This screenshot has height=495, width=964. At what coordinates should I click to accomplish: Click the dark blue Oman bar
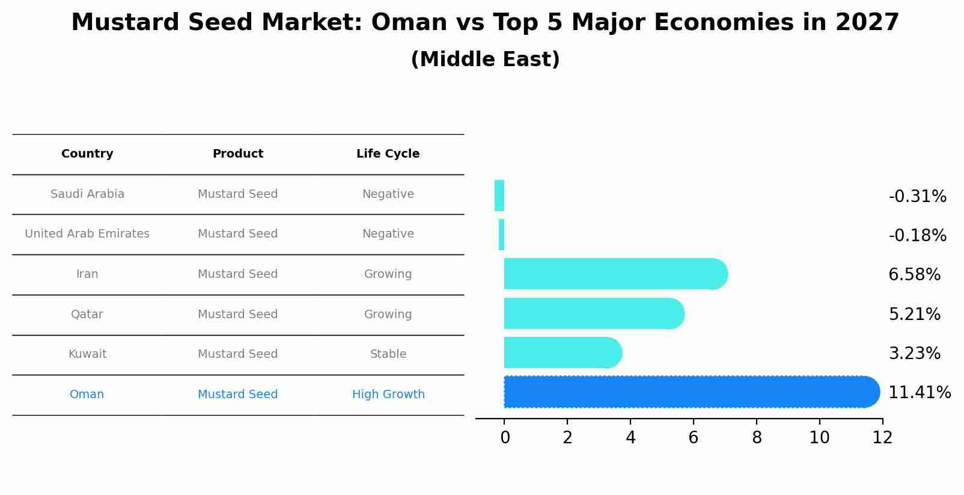[691, 392]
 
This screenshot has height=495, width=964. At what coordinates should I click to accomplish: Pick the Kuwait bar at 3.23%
[562, 352]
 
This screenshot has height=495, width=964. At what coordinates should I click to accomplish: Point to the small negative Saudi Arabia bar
[499, 195]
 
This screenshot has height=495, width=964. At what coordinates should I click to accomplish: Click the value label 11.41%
[919, 393]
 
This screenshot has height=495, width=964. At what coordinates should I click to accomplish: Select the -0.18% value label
[917, 235]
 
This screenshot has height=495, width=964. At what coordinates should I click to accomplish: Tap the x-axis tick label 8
[757, 438]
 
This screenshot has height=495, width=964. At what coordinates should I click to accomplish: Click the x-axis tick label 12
[882, 438]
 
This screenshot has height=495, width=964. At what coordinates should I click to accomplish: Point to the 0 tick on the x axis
[505, 438]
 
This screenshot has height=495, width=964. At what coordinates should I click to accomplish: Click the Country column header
[87, 154]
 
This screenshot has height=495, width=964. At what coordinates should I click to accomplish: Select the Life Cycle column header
[388, 154]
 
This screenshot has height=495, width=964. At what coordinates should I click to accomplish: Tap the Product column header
[238, 154]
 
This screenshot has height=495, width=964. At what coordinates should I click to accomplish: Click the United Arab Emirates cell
[87, 234]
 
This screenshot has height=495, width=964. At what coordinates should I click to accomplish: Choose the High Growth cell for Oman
[388, 395]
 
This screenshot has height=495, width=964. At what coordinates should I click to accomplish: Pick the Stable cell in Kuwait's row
[388, 354]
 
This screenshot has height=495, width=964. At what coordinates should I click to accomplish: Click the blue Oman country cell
[87, 395]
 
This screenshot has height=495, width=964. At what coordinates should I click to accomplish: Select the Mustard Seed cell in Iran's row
[238, 274]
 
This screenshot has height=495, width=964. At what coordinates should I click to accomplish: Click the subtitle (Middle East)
[485, 60]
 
